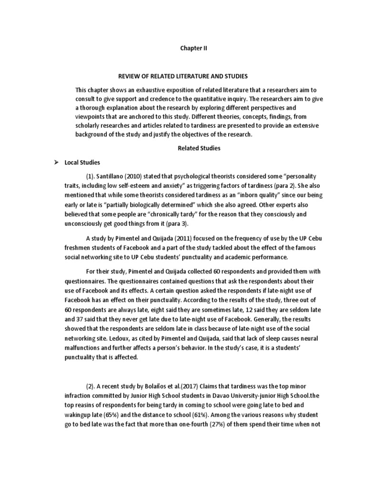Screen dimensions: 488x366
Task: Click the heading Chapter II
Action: tap(193, 48)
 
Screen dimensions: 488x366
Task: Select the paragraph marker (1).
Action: tap(92, 176)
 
